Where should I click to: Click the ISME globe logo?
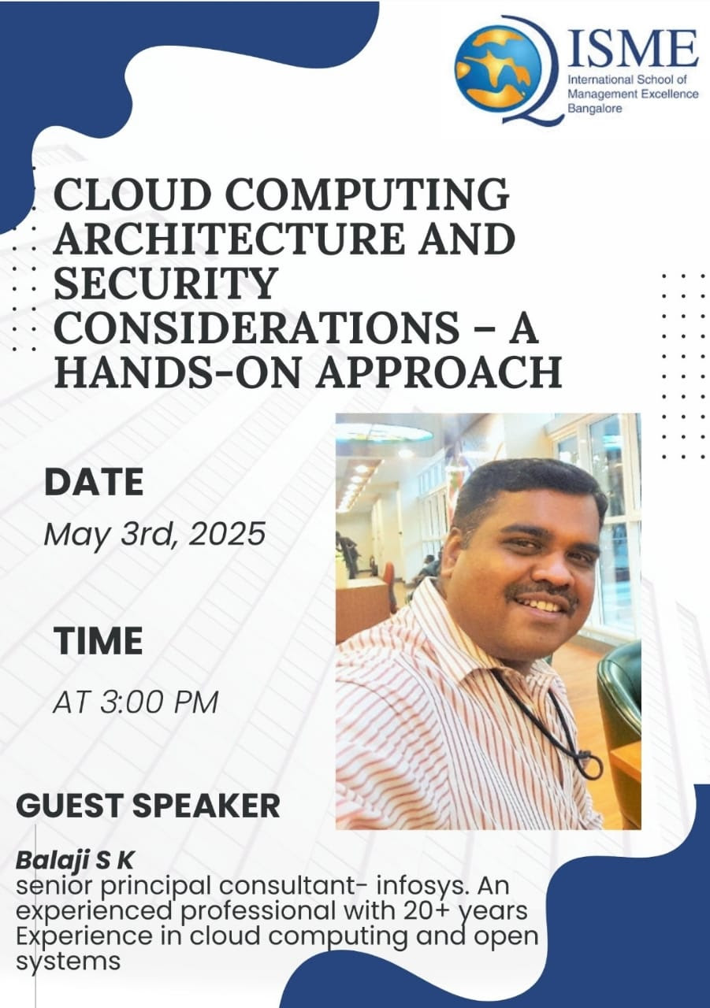[x=497, y=69]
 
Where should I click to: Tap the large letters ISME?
[x=634, y=49]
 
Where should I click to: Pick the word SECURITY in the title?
[x=165, y=283]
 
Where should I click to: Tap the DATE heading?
[x=94, y=482]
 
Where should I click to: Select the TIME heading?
[x=99, y=640]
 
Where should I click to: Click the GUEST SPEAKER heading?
[x=148, y=805]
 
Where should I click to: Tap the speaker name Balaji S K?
[x=75, y=861]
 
